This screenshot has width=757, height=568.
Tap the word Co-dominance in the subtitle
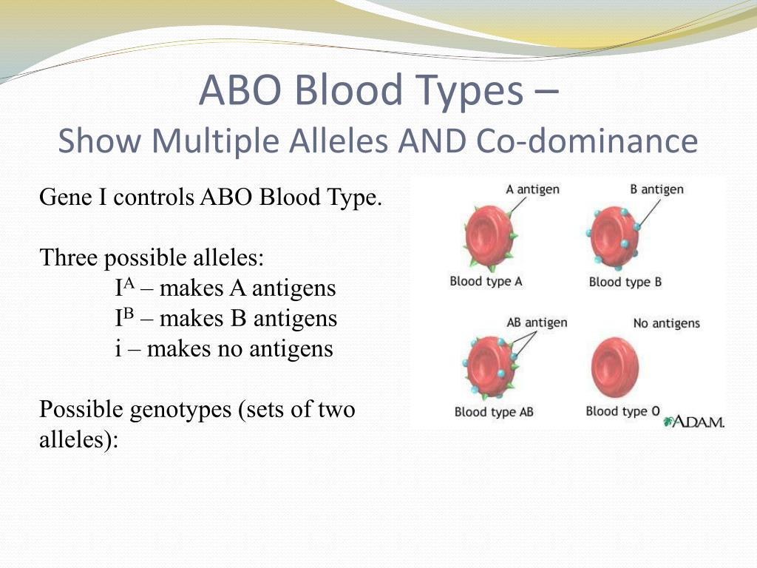(x=587, y=141)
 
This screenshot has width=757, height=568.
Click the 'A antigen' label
(x=532, y=189)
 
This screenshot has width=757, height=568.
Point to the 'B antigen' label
(x=656, y=189)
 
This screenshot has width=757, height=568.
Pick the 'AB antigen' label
(x=537, y=322)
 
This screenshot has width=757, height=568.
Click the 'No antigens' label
(x=666, y=323)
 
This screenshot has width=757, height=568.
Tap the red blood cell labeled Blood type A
(x=489, y=237)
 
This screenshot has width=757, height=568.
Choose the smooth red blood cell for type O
(x=614, y=368)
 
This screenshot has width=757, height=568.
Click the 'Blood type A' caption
(x=486, y=282)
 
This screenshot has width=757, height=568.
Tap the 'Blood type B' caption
(x=625, y=282)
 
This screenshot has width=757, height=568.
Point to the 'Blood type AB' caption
(x=494, y=412)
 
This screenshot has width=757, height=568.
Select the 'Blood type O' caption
(x=622, y=411)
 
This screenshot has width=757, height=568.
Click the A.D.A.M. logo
(x=693, y=422)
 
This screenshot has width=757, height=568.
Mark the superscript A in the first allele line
(x=129, y=283)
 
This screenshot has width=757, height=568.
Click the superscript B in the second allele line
(x=128, y=313)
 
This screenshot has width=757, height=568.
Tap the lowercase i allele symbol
(x=118, y=348)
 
